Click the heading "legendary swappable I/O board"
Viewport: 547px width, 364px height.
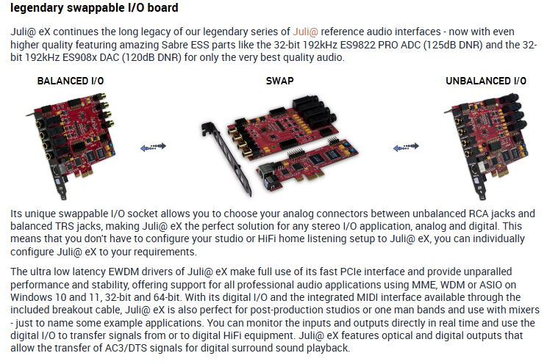tap(95, 9)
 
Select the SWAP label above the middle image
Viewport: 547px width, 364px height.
tap(279, 81)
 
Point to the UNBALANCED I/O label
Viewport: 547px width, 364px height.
tap(486, 81)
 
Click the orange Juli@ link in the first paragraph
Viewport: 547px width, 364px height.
tap(305, 32)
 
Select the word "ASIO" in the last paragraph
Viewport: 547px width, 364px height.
tap(485, 284)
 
